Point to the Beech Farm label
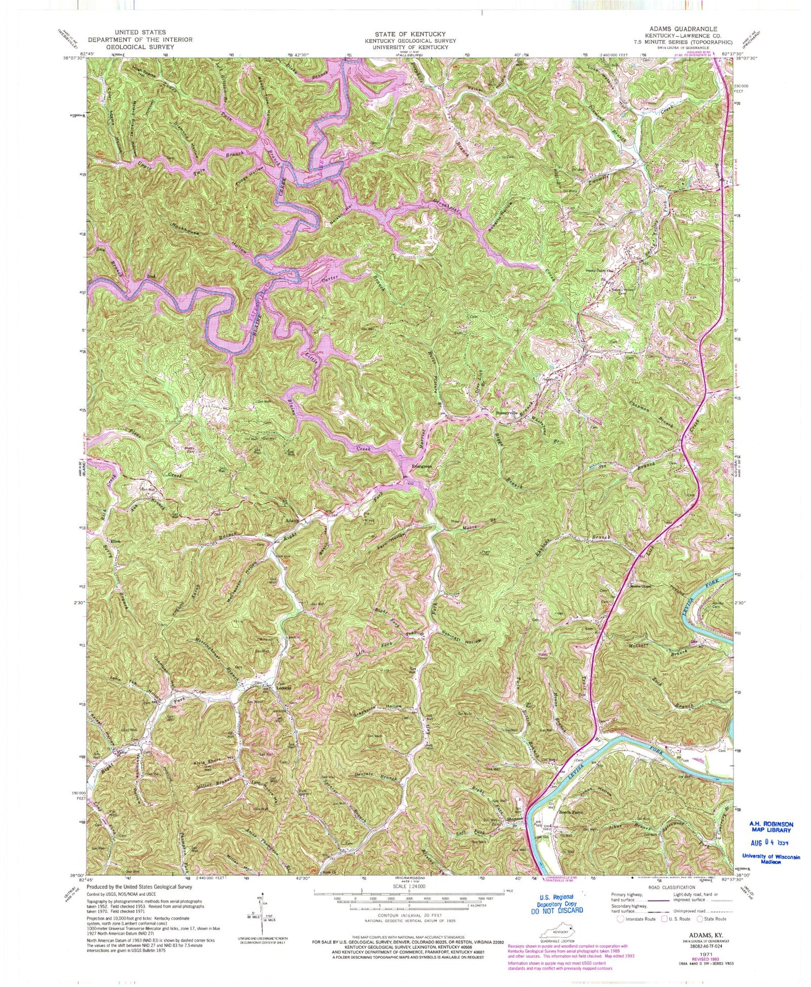pyautogui.click(x=571, y=811)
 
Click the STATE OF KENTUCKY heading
pyautogui.click(x=410, y=34)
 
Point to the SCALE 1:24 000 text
pyautogui.click(x=409, y=887)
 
